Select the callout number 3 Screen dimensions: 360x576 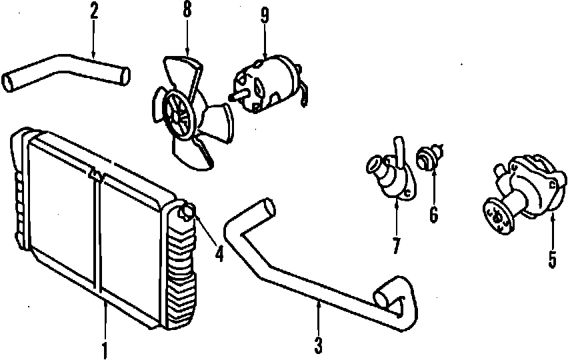pyautogui.click(x=319, y=345)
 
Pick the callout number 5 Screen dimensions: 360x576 pyautogui.click(x=553, y=258)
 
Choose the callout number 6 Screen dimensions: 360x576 pyautogui.click(x=433, y=215)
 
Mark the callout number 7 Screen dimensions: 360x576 pyautogui.click(x=396, y=245)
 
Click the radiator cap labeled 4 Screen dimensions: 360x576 pyautogui.click(x=187, y=213)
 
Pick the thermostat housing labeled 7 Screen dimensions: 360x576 pyautogui.click(x=389, y=175)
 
